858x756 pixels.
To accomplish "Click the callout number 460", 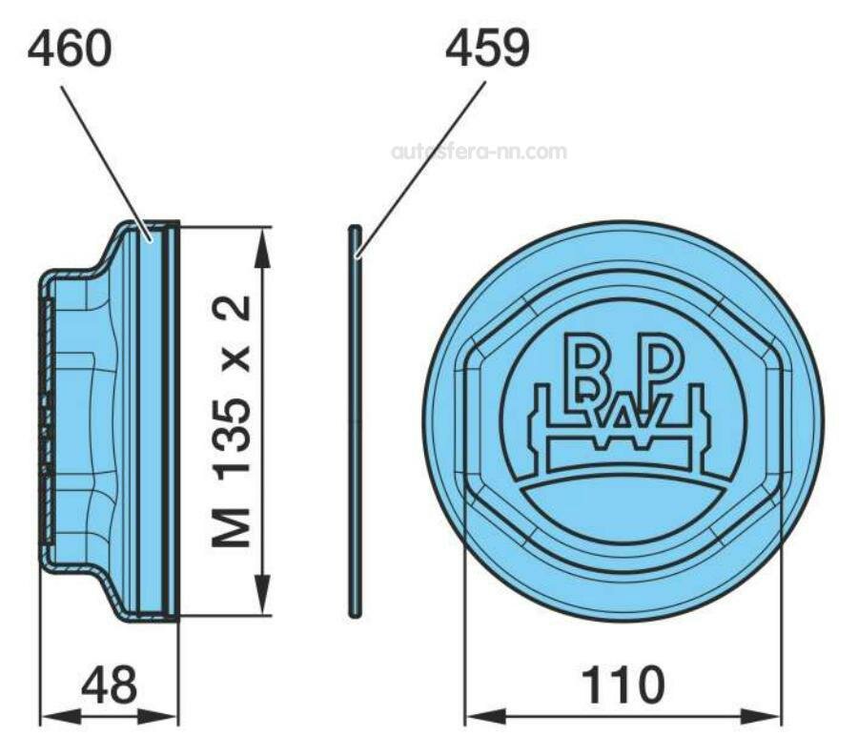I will click(69, 50).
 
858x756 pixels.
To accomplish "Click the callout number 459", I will click(486, 50).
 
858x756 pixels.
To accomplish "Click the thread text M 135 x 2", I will click(232, 420).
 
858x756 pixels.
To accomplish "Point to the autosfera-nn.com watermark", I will click(479, 152).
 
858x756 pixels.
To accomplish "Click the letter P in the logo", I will click(664, 360).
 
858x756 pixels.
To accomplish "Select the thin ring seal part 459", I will click(355, 419).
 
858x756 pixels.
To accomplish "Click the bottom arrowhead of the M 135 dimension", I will click(262, 603).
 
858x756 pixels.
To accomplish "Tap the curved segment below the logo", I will click(624, 510).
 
